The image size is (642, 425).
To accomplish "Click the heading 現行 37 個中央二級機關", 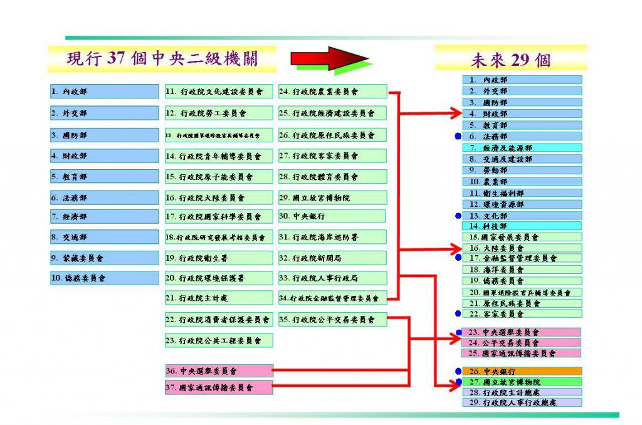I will click(x=162, y=59).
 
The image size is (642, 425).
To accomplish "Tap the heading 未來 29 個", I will click(x=511, y=60).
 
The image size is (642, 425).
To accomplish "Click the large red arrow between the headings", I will click(x=330, y=59).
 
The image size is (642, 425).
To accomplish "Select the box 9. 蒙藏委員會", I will click(x=105, y=258).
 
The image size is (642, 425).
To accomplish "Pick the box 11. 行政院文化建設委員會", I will click(x=219, y=92).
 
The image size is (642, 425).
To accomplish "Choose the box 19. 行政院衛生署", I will click(x=219, y=258).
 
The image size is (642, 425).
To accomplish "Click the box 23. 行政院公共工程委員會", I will click(x=219, y=340).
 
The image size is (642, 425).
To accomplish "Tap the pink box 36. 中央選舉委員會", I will click(x=219, y=370).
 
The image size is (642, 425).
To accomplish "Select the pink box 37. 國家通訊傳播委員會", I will click(x=219, y=387).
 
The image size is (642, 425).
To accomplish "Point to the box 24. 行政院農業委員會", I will click(x=332, y=92).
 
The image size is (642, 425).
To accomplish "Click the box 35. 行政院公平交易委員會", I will click(x=332, y=319).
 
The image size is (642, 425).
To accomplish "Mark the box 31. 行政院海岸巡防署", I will click(x=332, y=237).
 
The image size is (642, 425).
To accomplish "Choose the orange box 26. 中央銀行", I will click(x=522, y=371).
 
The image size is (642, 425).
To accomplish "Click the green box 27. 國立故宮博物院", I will click(x=522, y=382).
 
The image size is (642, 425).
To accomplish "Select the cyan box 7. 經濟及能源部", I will click(x=522, y=148).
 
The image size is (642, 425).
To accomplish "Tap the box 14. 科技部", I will click(x=522, y=226).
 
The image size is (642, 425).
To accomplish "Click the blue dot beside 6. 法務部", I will click(x=458, y=136).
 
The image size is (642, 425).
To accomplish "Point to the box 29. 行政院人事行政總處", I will click(x=522, y=402).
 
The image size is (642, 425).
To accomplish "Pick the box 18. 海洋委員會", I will click(x=522, y=270).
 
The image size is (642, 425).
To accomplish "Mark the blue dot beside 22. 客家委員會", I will click(x=458, y=314).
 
